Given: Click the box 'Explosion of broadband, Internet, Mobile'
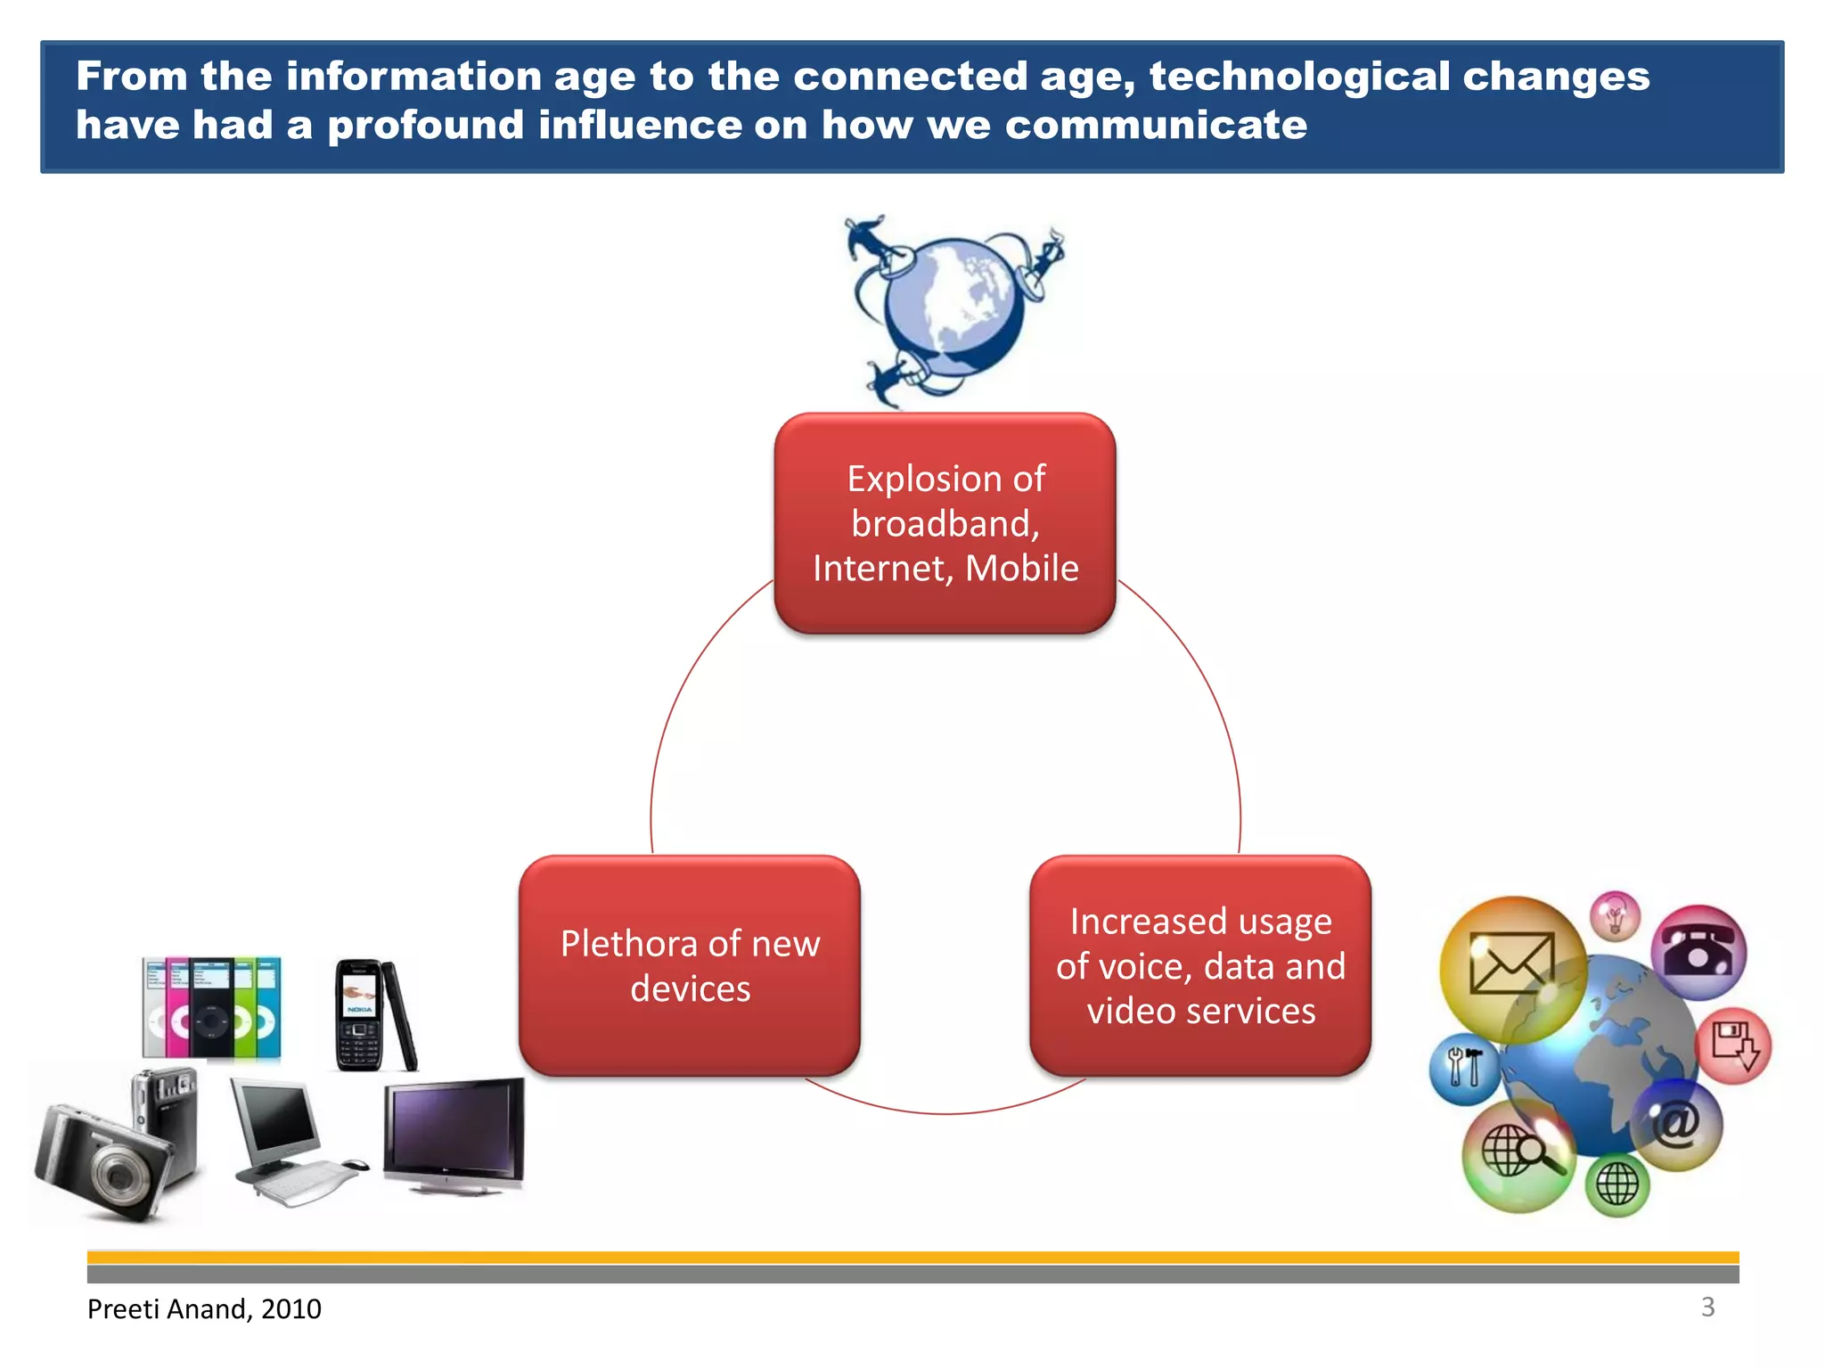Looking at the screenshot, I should coord(945,523).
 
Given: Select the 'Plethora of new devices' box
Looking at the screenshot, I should coord(690,966).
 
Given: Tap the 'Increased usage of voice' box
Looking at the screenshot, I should coord(1200,966).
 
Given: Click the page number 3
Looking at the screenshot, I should coord(1707,1307).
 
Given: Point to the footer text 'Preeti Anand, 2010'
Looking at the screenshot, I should coord(204,1308).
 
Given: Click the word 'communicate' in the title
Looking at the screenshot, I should coord(1156,125).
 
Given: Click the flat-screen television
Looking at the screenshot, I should coord(454,1134).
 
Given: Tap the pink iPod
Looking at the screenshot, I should coord(177,1007).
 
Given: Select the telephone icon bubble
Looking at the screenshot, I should coord(1698,951).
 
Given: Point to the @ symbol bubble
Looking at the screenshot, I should coord(1676,1125).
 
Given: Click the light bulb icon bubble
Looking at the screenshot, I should coord(1616,915).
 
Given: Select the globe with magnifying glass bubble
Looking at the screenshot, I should coord(1518,1155).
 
